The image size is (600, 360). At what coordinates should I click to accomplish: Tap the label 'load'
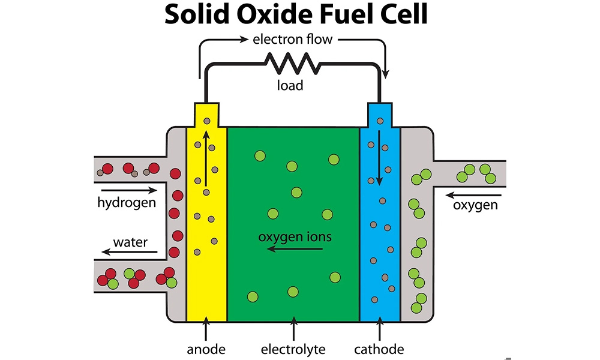coord(290,85)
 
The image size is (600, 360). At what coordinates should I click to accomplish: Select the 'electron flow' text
coord(292,40)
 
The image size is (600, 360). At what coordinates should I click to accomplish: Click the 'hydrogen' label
coord(127,202)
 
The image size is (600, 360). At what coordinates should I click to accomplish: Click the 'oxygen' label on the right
coord(475,205)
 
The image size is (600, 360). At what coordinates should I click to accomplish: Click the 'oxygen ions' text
coord(295,236)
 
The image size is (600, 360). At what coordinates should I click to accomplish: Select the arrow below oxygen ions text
coord(295,248)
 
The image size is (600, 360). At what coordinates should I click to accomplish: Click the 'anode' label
coord(206,349)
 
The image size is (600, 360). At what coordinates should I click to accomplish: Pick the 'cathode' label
coord(379,349)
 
